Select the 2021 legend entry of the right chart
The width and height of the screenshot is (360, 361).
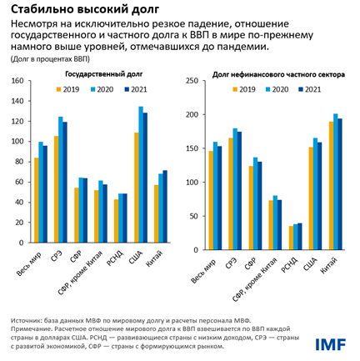pos(307,88)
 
